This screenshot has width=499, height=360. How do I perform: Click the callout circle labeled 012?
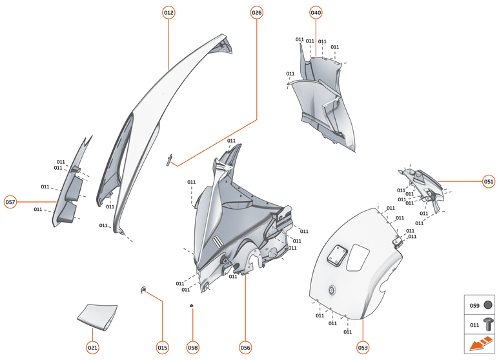(168, 13)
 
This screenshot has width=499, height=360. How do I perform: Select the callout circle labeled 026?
(257, 13)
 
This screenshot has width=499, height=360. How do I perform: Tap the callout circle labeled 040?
(316, 13)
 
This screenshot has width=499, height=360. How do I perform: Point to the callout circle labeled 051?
(489, 181)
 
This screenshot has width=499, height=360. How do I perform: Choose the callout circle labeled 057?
(10, 202)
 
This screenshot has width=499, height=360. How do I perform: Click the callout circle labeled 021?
(92, 347)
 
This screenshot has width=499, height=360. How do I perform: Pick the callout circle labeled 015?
(162, 347)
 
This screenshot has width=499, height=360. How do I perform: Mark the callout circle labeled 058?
(192, 347)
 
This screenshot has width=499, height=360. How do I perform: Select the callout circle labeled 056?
(245, 347)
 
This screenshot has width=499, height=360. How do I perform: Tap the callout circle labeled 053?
(363, 347)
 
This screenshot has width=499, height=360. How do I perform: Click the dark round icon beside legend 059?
(488, 305)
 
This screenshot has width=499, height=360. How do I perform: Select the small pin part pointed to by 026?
(170, 160)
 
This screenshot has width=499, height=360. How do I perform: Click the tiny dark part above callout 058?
(192, 305)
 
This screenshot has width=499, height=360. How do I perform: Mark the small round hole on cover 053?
(332, 290)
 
